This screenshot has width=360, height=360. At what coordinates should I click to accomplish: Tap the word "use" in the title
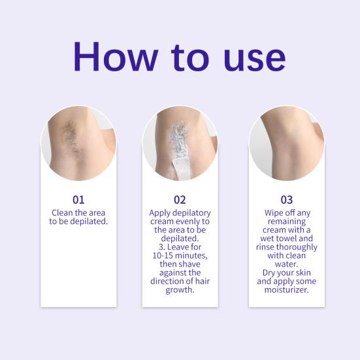click(252, 59)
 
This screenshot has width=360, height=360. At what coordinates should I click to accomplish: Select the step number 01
click(78, 199)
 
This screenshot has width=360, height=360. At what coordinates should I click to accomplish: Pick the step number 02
click(180, 199)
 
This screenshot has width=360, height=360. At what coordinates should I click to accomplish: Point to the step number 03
click(286, 199)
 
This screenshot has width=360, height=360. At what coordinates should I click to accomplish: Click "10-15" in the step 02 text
click(161, 255)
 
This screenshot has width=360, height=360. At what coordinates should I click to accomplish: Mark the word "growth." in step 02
click(180, 289)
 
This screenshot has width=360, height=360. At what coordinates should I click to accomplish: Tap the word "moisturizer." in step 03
click(286, 289)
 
